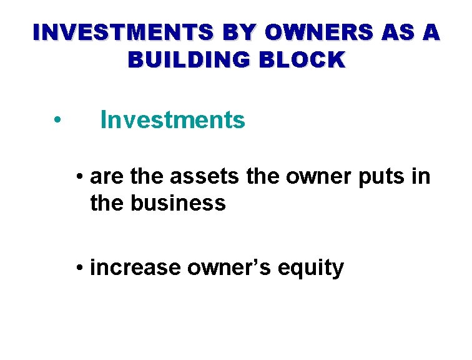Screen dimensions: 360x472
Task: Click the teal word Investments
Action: tap(173, 119)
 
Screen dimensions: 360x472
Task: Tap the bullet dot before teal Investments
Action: tap(57, 120)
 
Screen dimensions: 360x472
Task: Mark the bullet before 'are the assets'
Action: tap(79, 177)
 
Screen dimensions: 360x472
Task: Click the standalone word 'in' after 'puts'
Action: tap(421, 177)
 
